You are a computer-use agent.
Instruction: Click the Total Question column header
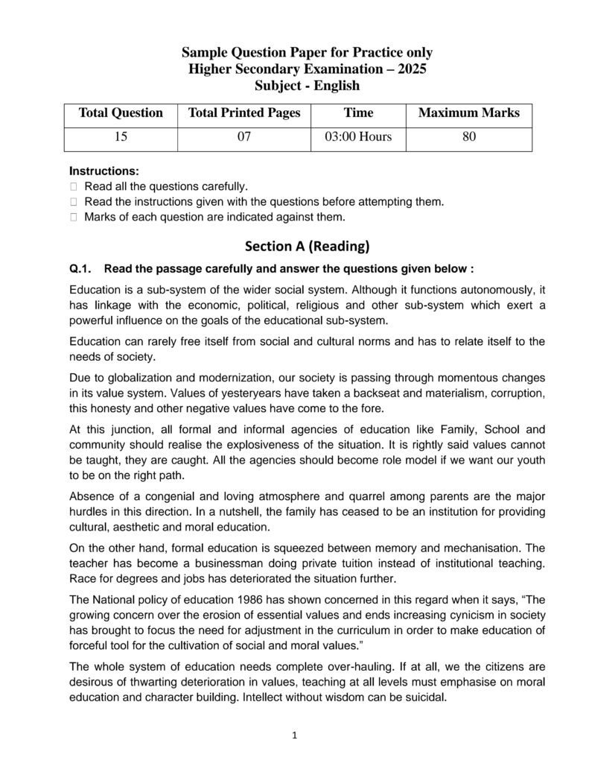(x=121, y=113)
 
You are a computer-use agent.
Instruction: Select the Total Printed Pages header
(x=244, y=113)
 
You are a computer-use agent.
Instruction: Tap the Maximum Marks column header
(x=469, y=113)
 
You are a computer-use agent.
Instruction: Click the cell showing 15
(x=121, y=137)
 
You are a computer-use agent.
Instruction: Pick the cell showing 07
(x=244, y=137)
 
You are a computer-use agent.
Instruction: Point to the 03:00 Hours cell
(x=358, y=137)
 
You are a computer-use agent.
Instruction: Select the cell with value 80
(x=469, y=137)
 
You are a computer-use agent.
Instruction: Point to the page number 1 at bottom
(x=295, y=736)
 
